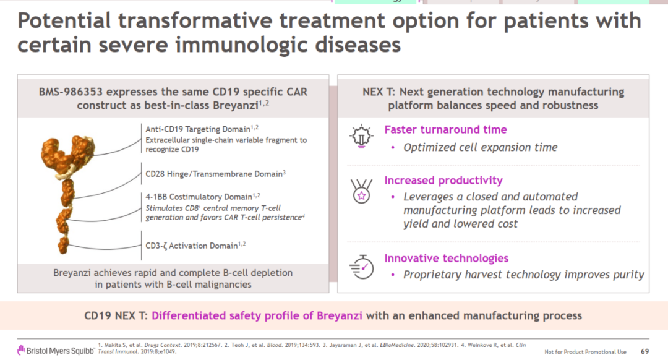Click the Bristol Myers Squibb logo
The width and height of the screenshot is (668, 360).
click(x=56, y=351)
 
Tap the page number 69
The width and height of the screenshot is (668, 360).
click(x=644, y=351)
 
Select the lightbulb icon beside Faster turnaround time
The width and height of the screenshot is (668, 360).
click(x=361, y=136)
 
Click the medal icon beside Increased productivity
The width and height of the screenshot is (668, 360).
click(x=361, y=191)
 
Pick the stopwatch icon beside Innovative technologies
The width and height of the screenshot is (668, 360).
click(x=362, y=267)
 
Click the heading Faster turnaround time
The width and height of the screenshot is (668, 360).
click(x=445, y=129)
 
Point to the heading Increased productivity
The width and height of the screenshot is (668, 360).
click(x=443, y=181)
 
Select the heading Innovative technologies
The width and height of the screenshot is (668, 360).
click(x=447, y=258)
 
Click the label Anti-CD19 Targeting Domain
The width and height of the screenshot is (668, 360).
click(x=198, y=129)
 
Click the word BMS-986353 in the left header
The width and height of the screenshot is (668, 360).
click(x=70, y=92)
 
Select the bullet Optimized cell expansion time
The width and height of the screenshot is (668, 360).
click(x=480, y=147)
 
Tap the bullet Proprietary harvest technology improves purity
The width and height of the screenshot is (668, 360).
click(x=524, y=275)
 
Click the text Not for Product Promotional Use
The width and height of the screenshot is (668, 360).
click(x=585, y=352)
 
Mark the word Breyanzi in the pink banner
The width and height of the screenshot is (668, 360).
click(x=340, y=315)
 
